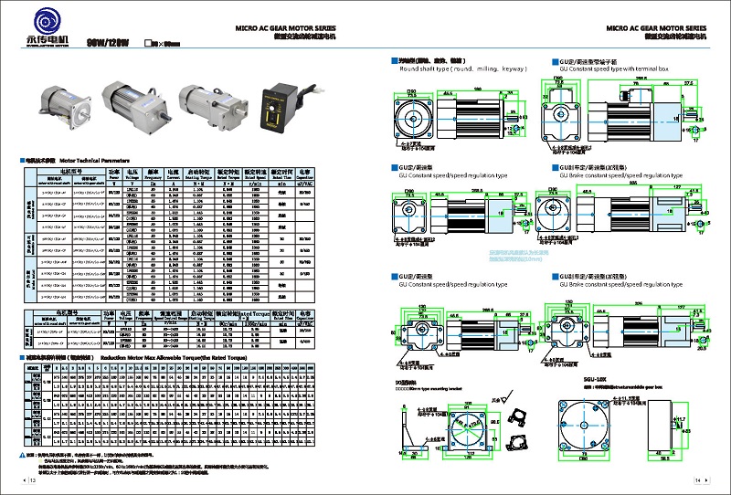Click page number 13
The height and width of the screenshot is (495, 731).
click(x=31, y=479)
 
